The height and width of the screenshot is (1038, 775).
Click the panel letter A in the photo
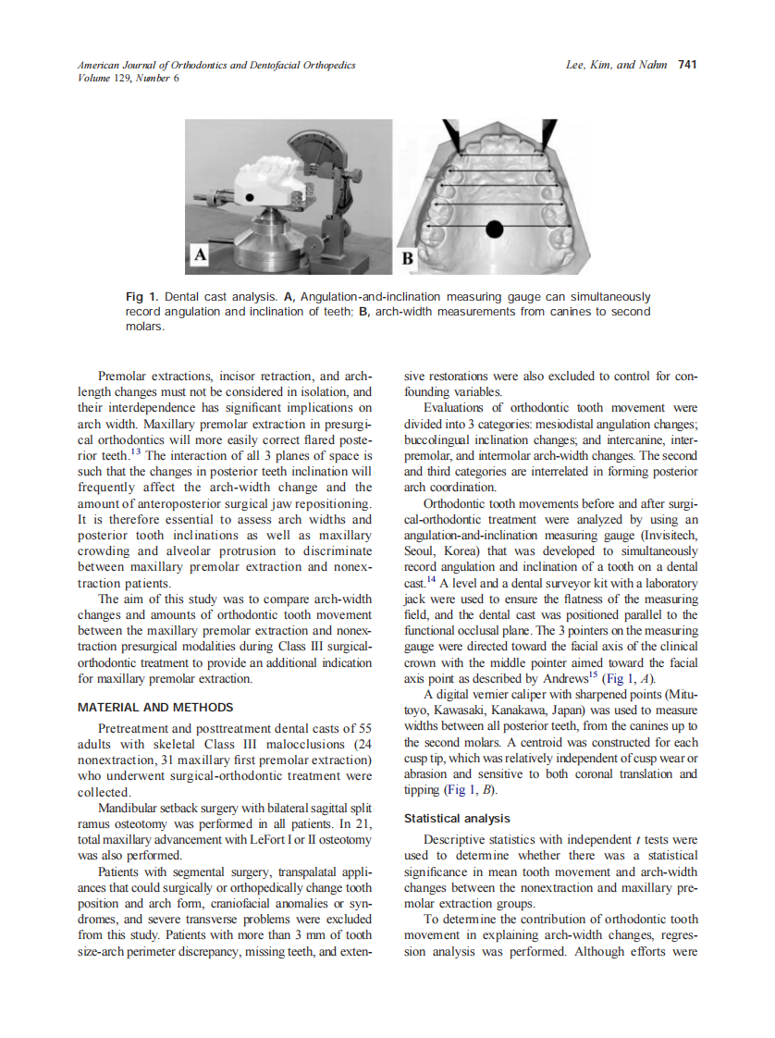point(198,253)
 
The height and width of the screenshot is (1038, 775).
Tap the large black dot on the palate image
point(495,226)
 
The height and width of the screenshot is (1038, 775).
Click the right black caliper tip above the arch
point(548,134)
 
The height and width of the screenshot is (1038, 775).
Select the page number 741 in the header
point(687,65)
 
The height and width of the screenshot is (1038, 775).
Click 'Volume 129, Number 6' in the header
point(129,78)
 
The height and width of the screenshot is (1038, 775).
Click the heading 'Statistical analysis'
point(457,818)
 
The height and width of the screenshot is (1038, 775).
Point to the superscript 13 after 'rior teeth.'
point(134,452)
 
